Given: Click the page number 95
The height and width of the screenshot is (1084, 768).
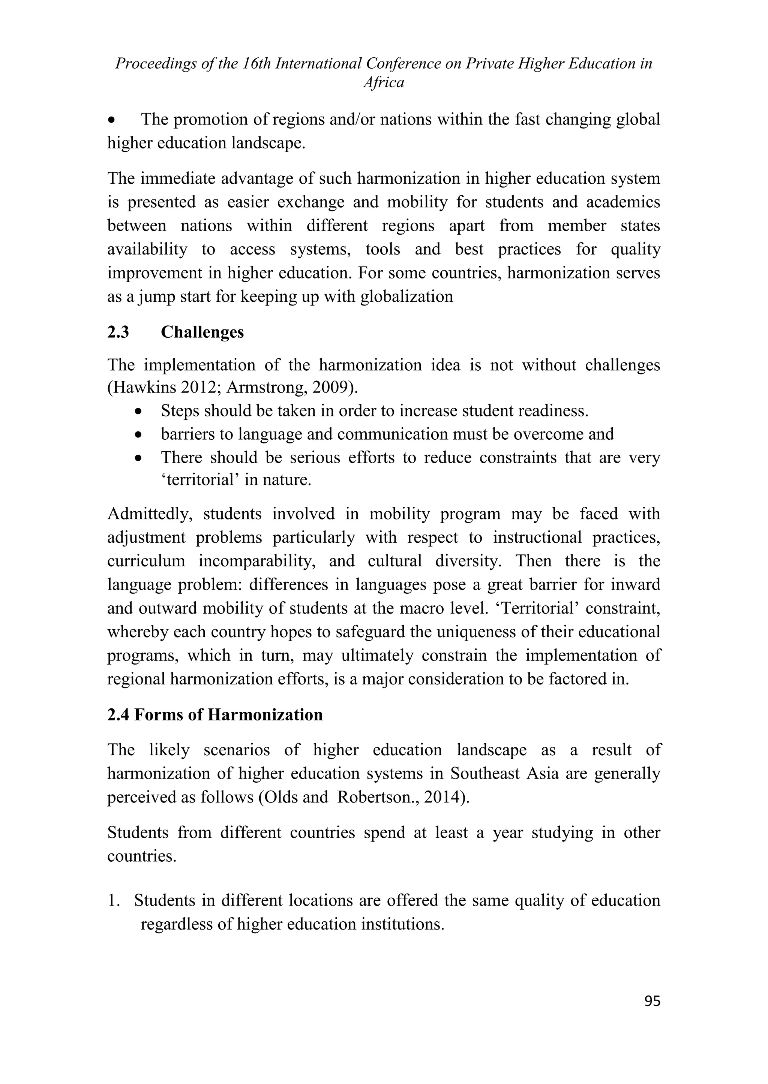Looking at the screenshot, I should point(652,1001).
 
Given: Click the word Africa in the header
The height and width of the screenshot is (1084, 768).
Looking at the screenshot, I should point(384,83).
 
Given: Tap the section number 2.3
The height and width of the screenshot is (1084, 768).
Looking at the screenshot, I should point(118,332).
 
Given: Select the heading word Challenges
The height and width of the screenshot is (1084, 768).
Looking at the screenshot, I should point(202,332).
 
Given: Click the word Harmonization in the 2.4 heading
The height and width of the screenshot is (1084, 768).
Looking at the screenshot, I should point(265,714).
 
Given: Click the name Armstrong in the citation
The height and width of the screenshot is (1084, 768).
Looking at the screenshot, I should point(262,387).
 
